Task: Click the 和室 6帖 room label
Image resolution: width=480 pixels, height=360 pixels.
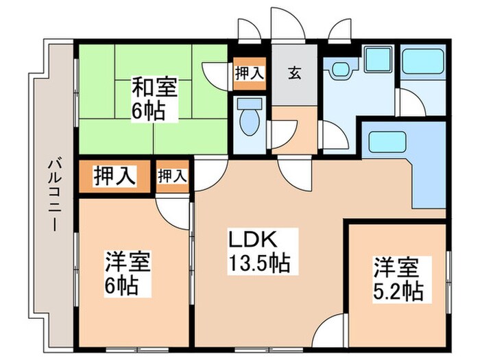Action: coord(154,99)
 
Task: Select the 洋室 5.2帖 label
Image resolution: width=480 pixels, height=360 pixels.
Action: coord(398,278)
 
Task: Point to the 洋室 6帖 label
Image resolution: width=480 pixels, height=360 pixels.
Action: coord(128,273)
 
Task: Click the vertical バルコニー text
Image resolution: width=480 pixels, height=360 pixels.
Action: coord(53,195)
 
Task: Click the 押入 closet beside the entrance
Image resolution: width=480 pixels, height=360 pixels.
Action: coord(248,74)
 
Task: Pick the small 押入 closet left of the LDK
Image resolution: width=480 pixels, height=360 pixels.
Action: coord(172,176)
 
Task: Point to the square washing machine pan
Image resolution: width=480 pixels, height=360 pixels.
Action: coord(375,64)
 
